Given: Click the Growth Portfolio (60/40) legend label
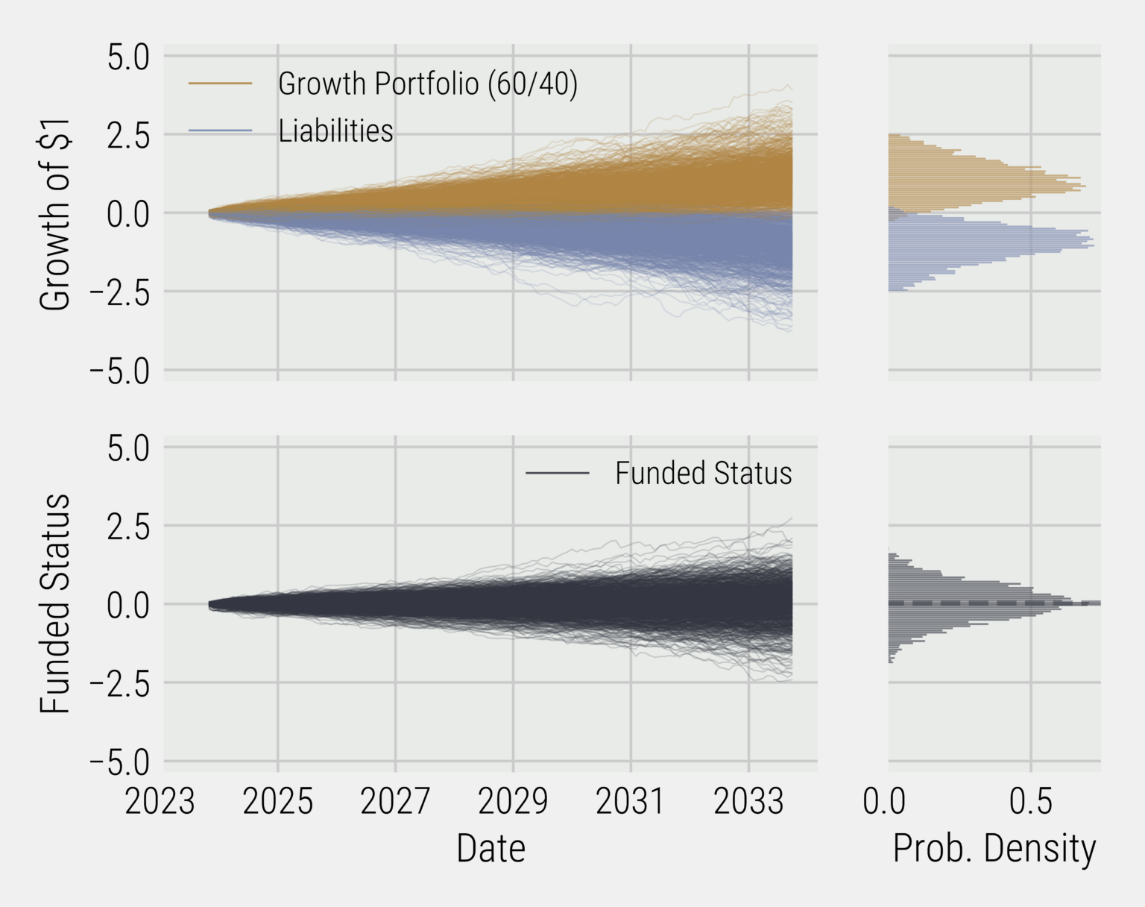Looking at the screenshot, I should pyautogui.click(x=427, y=84).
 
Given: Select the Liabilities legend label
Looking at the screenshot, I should pyautogui.click(x=335, y=131).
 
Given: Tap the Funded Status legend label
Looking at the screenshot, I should pyautogui.click(x=703, y=474).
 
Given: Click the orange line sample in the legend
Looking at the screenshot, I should pyautogui.click(x=221, y=84).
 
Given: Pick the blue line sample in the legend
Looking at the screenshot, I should pyautogui.click(x=221, y=131).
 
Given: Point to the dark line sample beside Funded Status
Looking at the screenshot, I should pyautogui.click(x=557, y=474).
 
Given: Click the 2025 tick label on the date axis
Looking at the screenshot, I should pyautogui.click(x=278, y=802).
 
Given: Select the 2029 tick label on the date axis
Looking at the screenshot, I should pyautogui.click(x=513, y=802).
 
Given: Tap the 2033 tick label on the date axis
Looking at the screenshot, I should pyautogui.click(x=748, y=802).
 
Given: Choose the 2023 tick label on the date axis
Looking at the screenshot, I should pyautogui.click(x=160, y=802).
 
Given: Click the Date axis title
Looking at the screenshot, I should pyautogui.click(x=491, y=849).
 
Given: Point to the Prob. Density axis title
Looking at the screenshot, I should pyautogui.click(x=994, y=849).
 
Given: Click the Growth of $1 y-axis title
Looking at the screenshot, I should pyautogui.click(x=55, y=213).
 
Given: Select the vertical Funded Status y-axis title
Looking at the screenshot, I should pyautogui.click(x=55, y=603).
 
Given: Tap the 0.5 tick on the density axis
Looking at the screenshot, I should pyautogui.click(x=1031, y=802).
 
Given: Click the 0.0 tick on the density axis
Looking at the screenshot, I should pyautogui.click(x=885, y=802).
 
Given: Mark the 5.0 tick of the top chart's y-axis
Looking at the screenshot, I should pyautogui.click(x=128, y=57).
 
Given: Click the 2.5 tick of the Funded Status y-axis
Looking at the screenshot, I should pyautogui.click(x=128, y=527).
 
